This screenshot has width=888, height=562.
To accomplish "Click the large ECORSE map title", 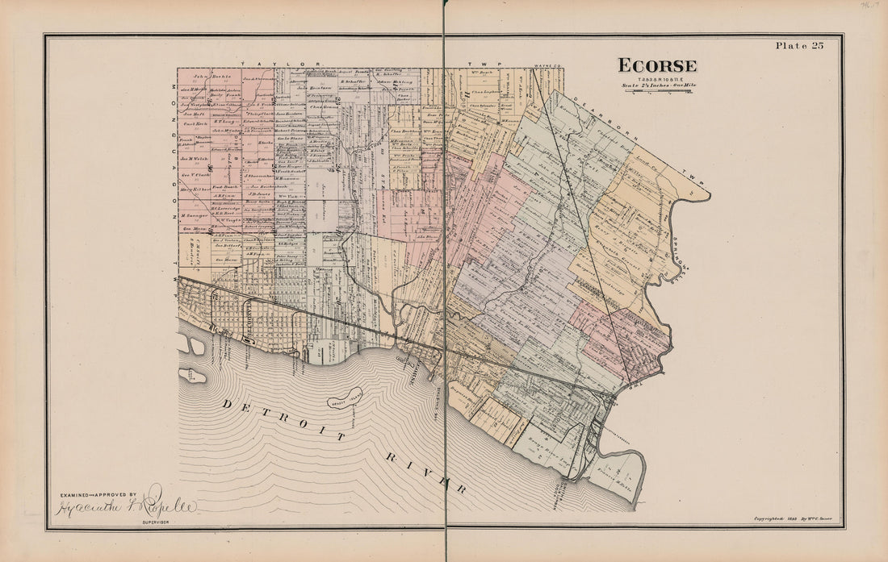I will tap(657, 65).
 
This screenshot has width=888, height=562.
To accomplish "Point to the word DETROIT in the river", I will tap(284, 418).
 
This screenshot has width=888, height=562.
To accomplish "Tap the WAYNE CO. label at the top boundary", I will tap(548, 63).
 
